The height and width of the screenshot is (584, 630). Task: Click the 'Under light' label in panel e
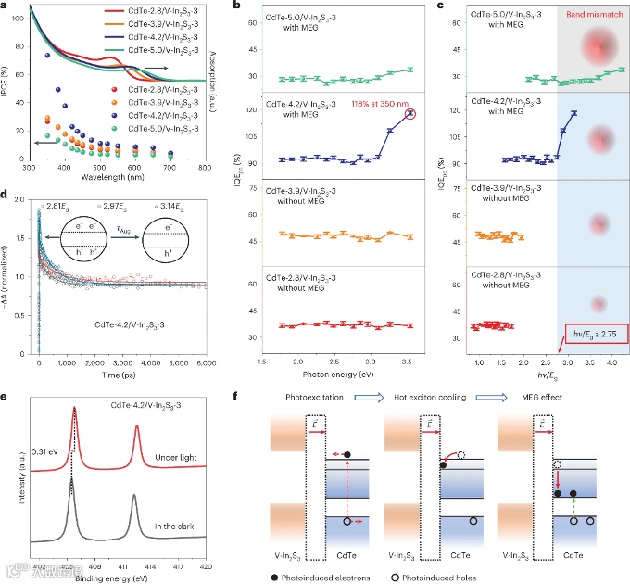click(177, 458)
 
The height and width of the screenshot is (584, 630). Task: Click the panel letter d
click(6, 196)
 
